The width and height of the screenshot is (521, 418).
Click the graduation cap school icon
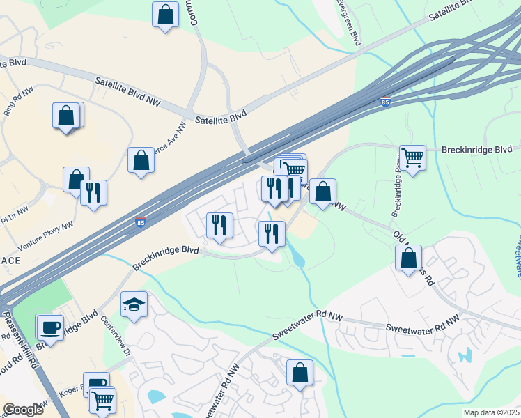[x=134, y=304]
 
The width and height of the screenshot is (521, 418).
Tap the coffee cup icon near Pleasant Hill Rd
[x=50, y=327]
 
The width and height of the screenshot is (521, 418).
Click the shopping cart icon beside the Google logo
[x=103, y=400]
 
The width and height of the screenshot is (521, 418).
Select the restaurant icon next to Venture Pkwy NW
[x=93, y=192]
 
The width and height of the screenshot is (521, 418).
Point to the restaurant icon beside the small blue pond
[x=272, y=233]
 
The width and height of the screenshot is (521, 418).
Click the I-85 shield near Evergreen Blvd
[x=386, y=102]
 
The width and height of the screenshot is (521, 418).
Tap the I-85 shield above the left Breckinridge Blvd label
[x=141, y=223]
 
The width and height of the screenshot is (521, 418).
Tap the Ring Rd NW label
[x=19, y=102]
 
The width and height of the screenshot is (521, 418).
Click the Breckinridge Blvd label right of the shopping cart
[x=477, y=150]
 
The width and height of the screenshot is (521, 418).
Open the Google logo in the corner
[x=23, y=409]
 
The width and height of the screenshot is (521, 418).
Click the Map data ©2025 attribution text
[x=490, y=412]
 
